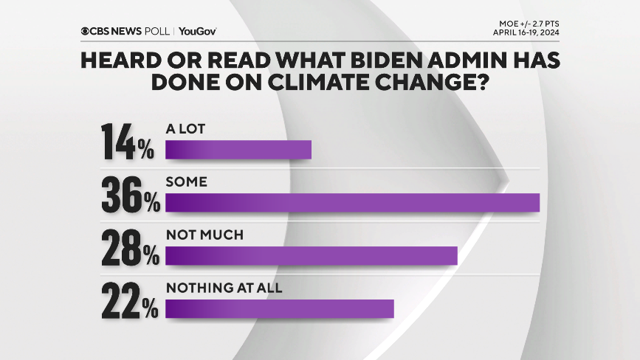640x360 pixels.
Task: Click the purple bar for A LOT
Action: [x=238, y=150]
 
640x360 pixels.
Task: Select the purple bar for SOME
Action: [x=353, y=203]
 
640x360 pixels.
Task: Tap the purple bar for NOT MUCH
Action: [x=312, y=256]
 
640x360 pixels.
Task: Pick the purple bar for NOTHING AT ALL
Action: [x=280, y=308]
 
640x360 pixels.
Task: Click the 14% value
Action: [x=128, y=142]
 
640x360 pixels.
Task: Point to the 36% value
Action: [x=130, y=195]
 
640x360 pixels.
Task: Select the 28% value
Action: [x=130, y=248]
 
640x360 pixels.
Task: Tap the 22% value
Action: [x=130, y=301]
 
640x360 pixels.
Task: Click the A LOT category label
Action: [x=185, y=128]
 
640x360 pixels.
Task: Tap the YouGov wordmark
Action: [x=197, y=31]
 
